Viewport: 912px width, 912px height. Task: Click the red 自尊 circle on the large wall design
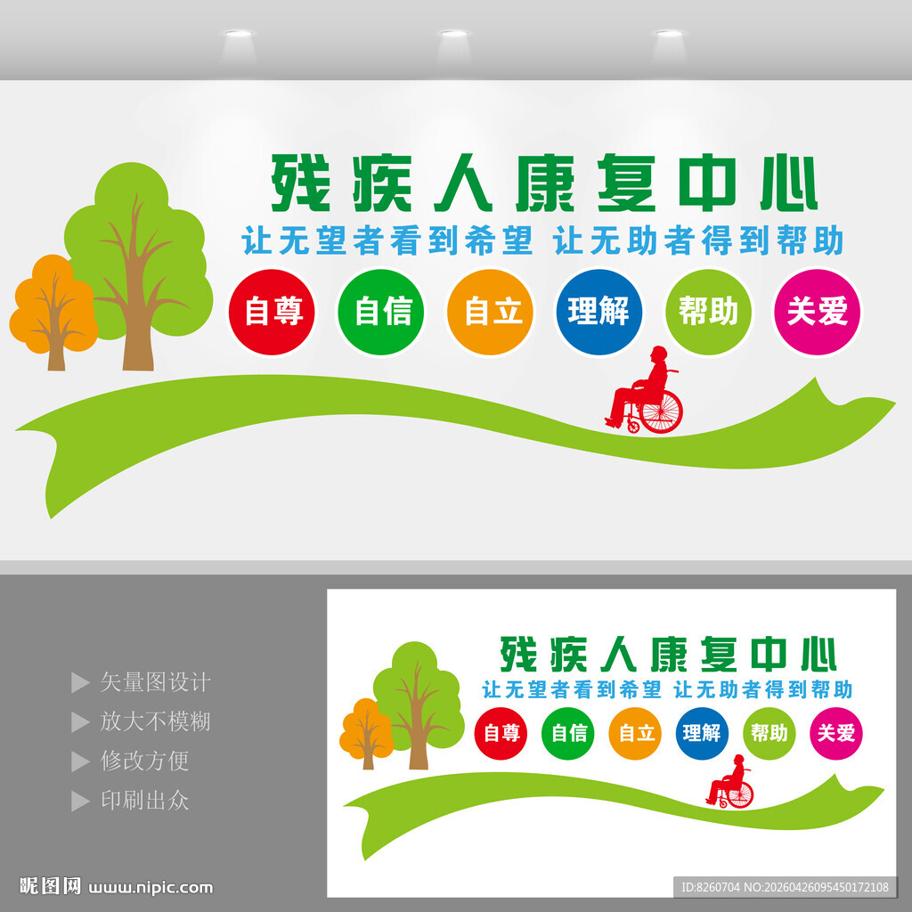pos(272,312)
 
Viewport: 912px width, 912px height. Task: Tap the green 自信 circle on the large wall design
pos(381,312)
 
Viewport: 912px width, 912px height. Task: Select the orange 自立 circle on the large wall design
pos(491,312)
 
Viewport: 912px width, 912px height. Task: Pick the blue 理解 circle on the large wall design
pos(599,312)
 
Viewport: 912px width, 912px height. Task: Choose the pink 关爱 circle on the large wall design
pos(818,312)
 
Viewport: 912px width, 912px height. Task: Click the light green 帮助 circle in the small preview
pos(769,733)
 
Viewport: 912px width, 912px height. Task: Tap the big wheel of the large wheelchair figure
pos(662,411)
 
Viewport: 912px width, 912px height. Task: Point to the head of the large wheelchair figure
pos(659,354)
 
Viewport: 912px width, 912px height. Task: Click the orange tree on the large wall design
pos(53,311)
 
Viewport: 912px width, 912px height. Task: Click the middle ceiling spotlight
pos(453,34)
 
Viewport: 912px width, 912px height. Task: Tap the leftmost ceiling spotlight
pos(239,34)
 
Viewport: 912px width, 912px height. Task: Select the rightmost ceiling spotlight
pos(670,34)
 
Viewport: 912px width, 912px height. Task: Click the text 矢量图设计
pos(155,682)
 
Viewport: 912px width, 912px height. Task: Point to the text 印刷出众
pos(145,801)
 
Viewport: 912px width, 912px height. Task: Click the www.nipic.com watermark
pos(151,888)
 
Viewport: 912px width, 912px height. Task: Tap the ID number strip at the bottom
pos(786,887)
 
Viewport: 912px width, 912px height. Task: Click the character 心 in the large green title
pos(788,183)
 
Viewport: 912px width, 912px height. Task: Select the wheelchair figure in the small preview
pos(730,781)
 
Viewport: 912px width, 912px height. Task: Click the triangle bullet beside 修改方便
pos(80,761)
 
